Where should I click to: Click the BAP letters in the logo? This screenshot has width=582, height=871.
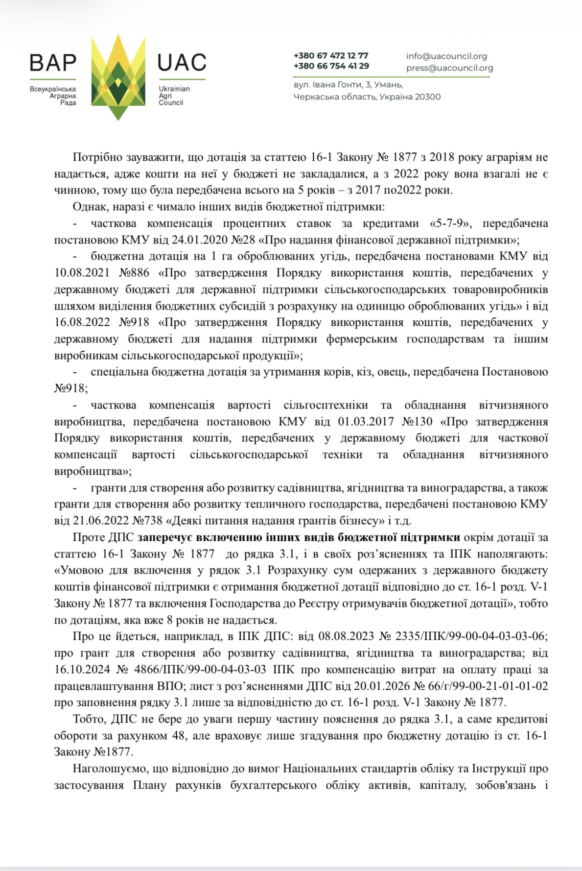(53, 63)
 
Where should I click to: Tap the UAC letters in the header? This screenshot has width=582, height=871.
(182, 63)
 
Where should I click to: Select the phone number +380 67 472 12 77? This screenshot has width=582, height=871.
(331, 55)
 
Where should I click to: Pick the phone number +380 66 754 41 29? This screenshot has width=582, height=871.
(331, 66)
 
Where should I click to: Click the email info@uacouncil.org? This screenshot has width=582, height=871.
(446, 56)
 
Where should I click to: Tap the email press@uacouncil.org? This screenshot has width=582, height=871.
(449, 68)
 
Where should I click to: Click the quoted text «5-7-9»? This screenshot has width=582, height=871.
(450, 223)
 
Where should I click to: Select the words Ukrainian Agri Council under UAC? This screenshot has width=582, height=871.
(174, 96)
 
